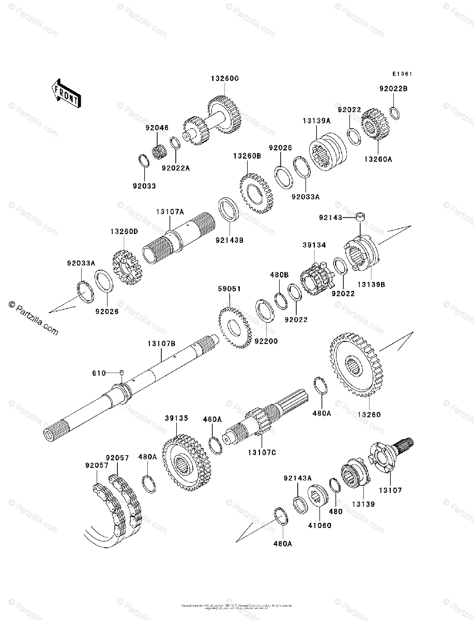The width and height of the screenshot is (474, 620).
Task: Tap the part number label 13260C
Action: coord(224,79)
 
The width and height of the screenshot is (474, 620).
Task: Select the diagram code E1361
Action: coord(401,74)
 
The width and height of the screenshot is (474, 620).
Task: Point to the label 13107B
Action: coord(161,343)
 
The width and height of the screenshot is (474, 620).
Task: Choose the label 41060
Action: coord(320,526)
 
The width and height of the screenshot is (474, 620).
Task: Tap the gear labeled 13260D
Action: coord(124,267)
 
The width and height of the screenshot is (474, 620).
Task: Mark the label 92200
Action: coord(266,342)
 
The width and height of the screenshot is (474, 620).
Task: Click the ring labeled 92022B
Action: coord(394,112)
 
